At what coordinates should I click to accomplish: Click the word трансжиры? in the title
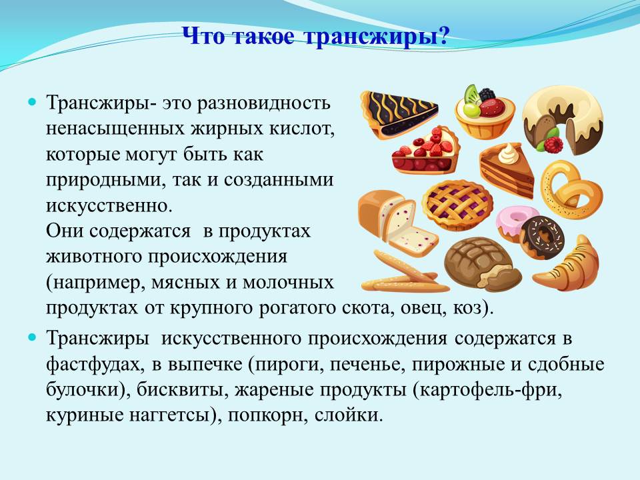[x=376, y=37]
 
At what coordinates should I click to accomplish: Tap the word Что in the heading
[x=204, y=36]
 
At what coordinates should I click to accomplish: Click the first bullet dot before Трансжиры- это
[x=32, y=101]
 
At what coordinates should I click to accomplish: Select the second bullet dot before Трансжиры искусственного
[x=32, y=337]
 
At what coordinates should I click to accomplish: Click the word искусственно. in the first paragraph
[x=109, y=205]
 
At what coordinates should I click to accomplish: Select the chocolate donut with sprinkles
[x=543, y=238]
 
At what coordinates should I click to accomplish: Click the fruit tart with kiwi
[x=485, y=111]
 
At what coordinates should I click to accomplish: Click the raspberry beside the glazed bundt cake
[x=553, y=145]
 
